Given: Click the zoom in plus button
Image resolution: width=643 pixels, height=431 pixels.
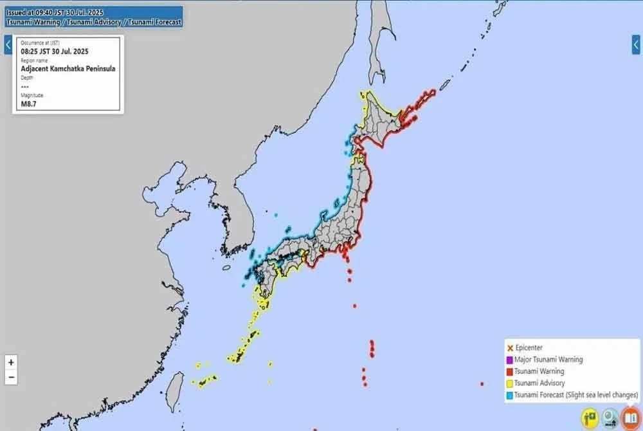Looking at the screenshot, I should [x=11, y=362].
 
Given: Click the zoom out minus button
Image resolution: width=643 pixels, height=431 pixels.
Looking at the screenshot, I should [x=11, y=377].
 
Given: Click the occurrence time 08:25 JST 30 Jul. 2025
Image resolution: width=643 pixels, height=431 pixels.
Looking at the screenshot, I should [x=54, y=50].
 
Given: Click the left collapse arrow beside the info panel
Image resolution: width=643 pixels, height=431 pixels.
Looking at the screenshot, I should [x=8, y=45].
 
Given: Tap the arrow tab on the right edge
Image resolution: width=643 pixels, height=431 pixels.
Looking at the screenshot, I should [x=636, y=44].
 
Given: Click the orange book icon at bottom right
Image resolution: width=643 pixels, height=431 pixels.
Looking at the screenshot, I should [x=631, y=418].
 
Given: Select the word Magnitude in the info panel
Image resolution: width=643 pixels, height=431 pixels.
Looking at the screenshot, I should [x=32, y=95].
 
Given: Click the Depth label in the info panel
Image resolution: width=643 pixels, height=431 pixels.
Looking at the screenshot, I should [x=27, y=78].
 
